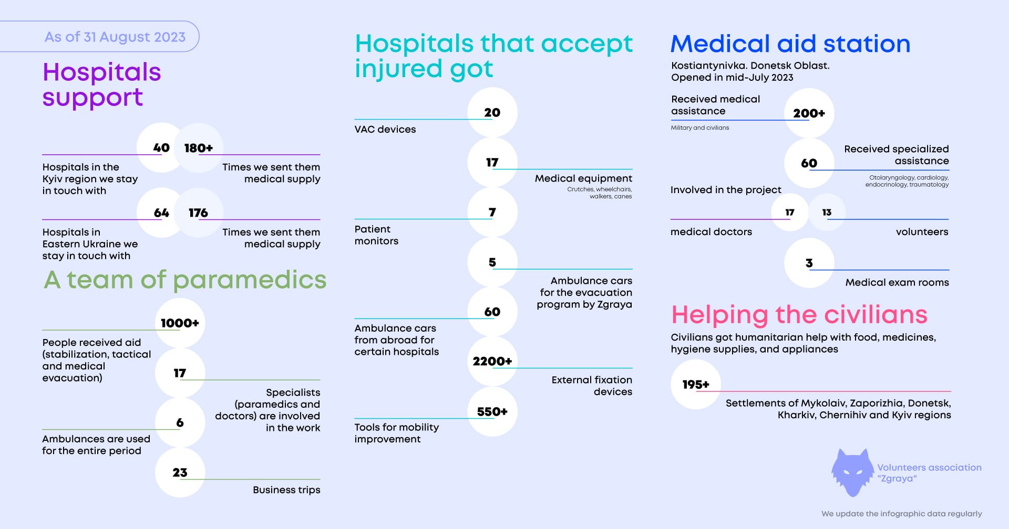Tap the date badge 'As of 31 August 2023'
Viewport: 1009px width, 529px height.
coord(115,37)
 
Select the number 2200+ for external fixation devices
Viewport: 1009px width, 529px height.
coord(492,361)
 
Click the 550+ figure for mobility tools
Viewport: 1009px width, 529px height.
coord(492,411)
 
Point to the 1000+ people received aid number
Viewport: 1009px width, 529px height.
coord(180,323)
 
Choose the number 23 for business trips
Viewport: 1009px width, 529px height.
coord(180,472)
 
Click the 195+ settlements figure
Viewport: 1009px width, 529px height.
coord(696,384)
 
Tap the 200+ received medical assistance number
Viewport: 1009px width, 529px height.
coord(809,113)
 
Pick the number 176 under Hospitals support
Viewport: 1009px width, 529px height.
coord(198,213)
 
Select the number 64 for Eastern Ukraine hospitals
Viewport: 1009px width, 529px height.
coord(161,213)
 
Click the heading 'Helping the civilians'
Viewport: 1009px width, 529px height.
coord(799,315)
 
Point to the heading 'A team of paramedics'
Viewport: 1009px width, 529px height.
coord(185,280)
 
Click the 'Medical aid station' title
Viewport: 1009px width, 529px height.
coord(790,44)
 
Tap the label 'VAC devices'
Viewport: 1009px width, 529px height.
coord(385,129)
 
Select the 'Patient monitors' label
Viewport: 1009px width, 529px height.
coord(376,235)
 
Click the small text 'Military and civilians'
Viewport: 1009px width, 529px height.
coord(699,128)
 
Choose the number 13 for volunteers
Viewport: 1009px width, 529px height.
coord(827,212)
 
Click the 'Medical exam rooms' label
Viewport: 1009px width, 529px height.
coord(897,282)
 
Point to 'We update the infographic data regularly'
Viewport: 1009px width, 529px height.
coord(901,513)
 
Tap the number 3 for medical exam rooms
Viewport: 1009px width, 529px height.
coord(809,263)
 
